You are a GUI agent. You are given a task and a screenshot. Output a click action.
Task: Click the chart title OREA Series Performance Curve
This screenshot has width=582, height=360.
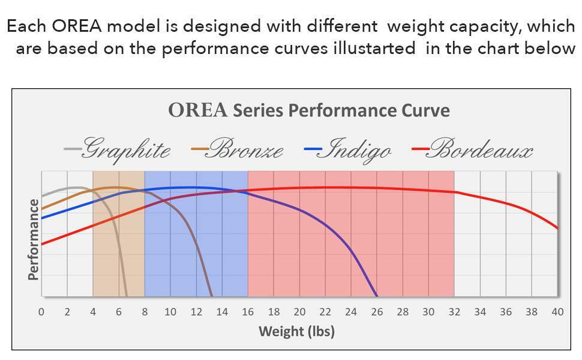(x=308, y=111)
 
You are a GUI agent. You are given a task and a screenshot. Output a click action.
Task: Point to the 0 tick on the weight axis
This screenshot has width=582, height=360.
(x=41, y=312)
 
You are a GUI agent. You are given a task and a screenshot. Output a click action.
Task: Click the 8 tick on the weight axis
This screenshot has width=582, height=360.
(x=145, y=312)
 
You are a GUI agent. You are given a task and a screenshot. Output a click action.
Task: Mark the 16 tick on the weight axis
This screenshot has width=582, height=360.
(x=248, y=312)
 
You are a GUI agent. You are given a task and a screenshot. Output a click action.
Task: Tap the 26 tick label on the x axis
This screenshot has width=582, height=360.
(x=377, y=312)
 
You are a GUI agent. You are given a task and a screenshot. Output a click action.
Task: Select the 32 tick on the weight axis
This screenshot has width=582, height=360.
(x=454, y=312)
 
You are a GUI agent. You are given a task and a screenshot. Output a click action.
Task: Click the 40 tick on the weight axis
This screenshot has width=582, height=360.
(x=557, y=312)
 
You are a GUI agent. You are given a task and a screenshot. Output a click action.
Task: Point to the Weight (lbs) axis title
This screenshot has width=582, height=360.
(x=296, y=331)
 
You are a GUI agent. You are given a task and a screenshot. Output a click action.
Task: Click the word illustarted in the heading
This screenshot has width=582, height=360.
(x=374, y=49)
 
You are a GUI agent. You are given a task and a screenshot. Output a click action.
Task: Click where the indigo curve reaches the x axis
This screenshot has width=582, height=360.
(x=376, y=296)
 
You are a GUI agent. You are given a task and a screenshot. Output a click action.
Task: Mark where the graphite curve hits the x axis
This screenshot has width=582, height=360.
(x=126, y=296)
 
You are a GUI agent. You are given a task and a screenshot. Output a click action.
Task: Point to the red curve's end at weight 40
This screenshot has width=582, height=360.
(x=558, y=229)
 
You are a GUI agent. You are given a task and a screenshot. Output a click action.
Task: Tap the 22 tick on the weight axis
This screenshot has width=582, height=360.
(x=325, y=312)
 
